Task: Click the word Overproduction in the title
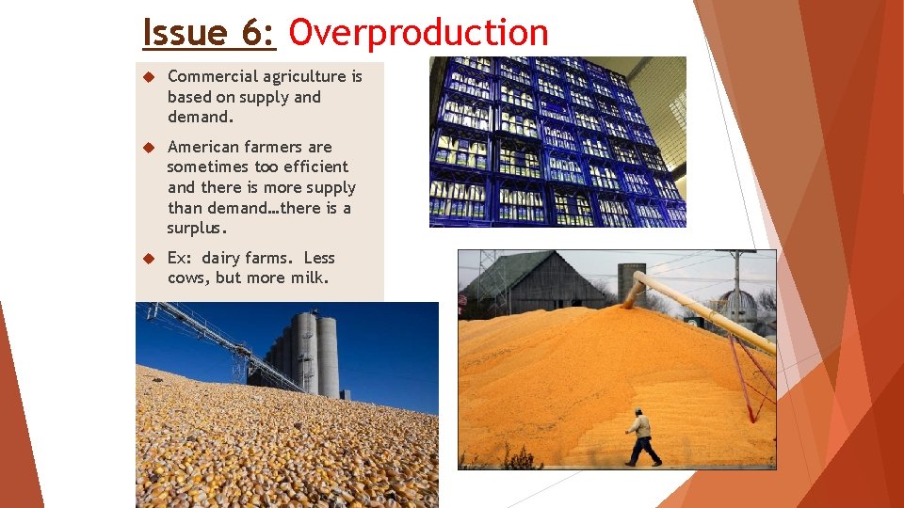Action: (x=418, y=33)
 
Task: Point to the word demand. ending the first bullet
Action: (x=200, y=117)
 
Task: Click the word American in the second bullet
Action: (x=202, y=147)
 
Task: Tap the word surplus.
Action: (x=197, y=229)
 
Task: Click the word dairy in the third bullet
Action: (x=221, y=258)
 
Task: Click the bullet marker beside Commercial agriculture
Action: (x=147, y=77)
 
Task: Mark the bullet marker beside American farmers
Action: (x=147, y=148)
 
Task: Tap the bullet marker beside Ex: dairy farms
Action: (x=147, y=259)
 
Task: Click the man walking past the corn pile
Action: (x=643, y=437)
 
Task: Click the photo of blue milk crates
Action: (x=557, y=142)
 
